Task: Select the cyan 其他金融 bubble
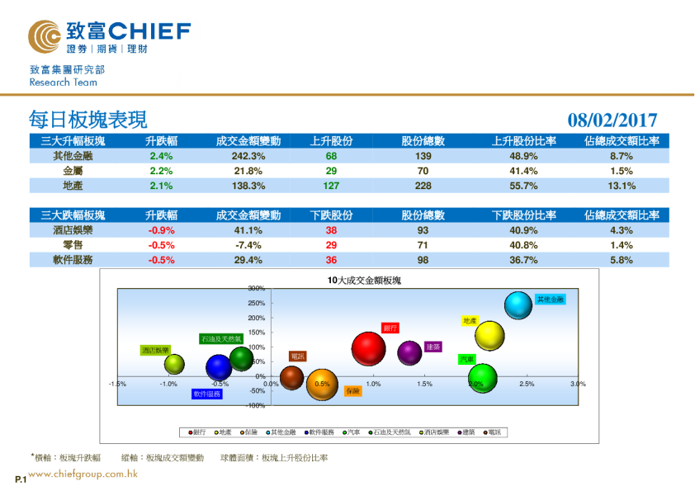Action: click(x=518, y=305)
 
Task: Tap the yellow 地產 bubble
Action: click(x=489, y=335)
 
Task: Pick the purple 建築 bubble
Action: click(x=410, y=352)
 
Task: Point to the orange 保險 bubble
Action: click(x=322, y=384)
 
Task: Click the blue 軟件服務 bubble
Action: click(x=219, y=367)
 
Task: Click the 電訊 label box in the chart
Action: click(x=297, y=356)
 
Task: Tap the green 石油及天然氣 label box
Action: click(x=221, y=338)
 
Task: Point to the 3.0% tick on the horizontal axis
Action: click(x=578, y=384)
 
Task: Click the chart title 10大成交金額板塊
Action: click(x=364, y=281)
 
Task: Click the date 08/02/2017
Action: click(x=612, y=120)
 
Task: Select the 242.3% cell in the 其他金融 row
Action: click(x=248, y=156)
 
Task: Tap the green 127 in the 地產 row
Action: click(x=331, y=186)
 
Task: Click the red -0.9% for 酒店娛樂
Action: click(x=161, y=230)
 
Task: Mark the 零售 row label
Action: click(x=73, y=245)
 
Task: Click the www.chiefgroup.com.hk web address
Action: click(x=83, y=474)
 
